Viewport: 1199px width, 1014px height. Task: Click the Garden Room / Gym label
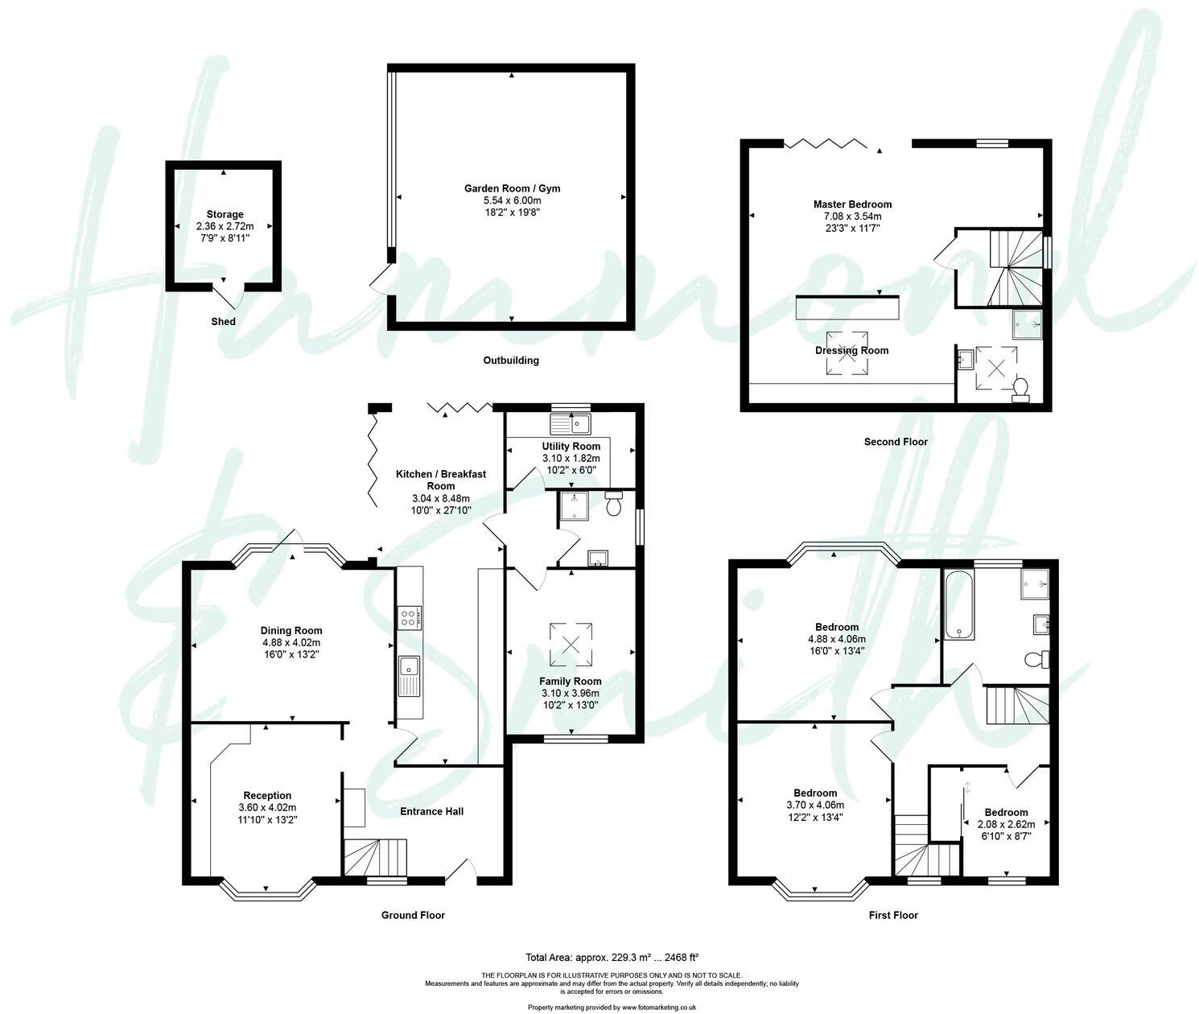pos(512,188)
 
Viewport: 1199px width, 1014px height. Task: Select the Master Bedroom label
pos(852,204)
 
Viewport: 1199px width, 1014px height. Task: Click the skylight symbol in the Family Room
pos(571,644)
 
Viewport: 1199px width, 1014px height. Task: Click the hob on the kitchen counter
pos(410,618)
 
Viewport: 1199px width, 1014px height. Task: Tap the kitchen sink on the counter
pos(410,674)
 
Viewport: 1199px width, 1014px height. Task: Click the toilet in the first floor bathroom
pos(1037,660)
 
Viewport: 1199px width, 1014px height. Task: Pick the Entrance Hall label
pos(432,811)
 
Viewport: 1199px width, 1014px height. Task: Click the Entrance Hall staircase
pos(376,857)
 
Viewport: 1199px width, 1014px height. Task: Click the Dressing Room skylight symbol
pos(847,352)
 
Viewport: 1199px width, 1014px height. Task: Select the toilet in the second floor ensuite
pos(1020,390)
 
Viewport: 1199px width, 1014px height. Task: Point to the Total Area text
pos(612,957)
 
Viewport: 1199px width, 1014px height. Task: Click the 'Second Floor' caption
pos(896,442)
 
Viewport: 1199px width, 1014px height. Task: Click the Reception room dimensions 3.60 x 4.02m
pos(267,807)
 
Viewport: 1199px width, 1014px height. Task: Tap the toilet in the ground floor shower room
pos(614,505)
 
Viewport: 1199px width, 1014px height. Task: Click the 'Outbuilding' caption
pos(511,361)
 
